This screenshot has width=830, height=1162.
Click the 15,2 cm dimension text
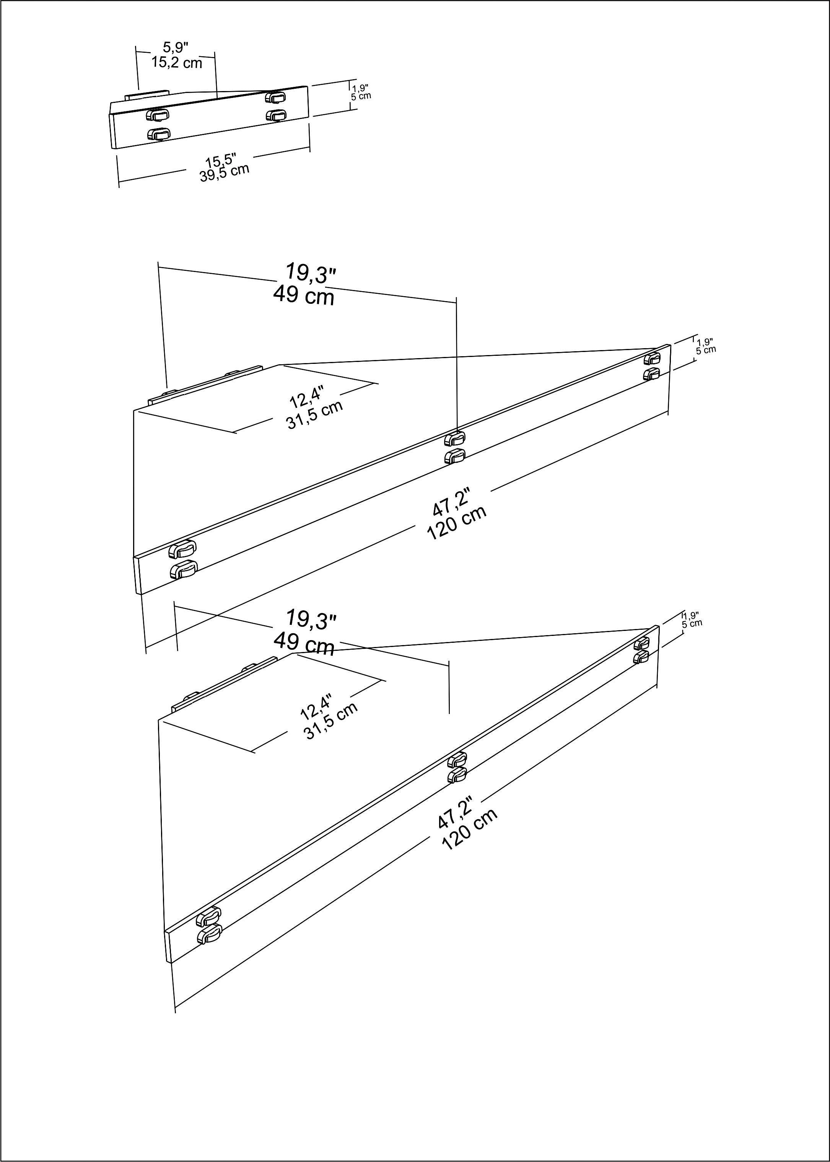(x=176, y=63)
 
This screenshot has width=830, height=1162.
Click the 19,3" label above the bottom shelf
(x=310, y=619)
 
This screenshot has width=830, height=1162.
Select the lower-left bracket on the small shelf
(x=158, y=134)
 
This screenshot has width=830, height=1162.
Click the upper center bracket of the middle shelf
(x=454, y=438)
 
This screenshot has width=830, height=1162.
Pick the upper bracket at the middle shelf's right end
(x=652, y=358)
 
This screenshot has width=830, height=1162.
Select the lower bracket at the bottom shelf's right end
(x=641, y=657)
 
